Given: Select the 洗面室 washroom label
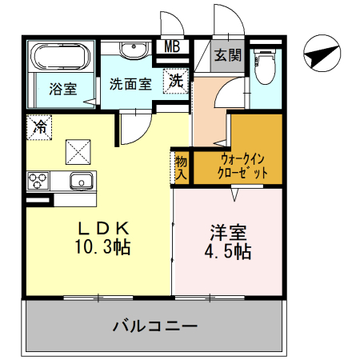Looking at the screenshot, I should [130, 83].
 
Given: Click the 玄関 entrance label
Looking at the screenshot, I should [227, 56].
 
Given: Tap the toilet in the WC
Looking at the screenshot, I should [263, 66].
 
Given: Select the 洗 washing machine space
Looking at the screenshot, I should [176, 81].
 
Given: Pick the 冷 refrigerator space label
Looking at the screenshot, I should [39, 126].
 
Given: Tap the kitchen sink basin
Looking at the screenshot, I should [81, 181].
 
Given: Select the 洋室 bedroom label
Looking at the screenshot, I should [228, 234].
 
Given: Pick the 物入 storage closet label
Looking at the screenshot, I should [182, 166].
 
